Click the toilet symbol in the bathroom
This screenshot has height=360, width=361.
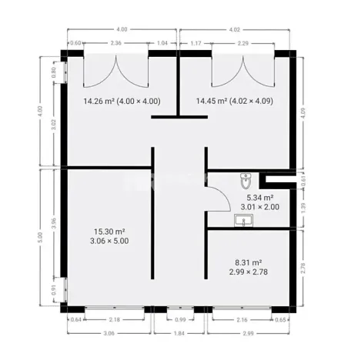(x=246, y=182)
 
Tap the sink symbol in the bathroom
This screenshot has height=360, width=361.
(x=243, y=222)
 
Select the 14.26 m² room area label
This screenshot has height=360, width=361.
(x=122, y=101)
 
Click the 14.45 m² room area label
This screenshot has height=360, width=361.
(x=235, y=101)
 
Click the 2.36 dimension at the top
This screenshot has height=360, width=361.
(x=117, y=44)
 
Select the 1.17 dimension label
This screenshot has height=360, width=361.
(x=195, y=44)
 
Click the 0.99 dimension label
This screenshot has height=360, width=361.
(x=180, y=319)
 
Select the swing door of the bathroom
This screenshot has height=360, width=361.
(x=217, y=198)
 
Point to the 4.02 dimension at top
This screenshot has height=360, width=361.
(x=235, y=30)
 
